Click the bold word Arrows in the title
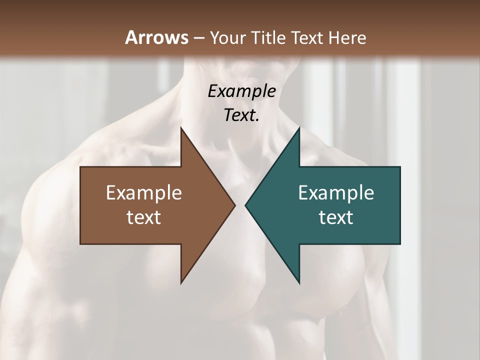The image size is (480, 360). tap(156, 37)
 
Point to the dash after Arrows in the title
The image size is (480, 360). tap(198, 38)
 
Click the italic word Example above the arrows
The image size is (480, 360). tap(242, 91)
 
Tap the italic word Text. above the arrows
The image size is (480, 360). tap(242, 115)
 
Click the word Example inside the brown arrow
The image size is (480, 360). tap(144, 193)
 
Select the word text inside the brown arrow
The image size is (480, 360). tap(144, 217)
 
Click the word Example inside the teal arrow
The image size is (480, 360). tap(336, 193)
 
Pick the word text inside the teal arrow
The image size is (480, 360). tap(336, 217)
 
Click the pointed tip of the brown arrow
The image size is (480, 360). tap(235, 205)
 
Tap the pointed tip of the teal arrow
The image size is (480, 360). tap(245, 205)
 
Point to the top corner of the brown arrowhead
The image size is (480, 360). tap(181, 127)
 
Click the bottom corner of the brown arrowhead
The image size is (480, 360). tap(181, 283)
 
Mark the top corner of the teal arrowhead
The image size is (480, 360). tap(299, 127)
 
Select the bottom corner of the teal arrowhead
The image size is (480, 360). tap(299, 283)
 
